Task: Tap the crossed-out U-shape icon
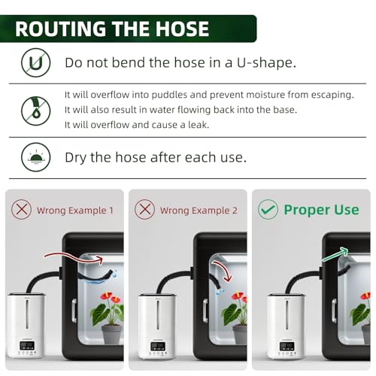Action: (x=36, y=62)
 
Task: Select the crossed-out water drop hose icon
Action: (x=36, y=111)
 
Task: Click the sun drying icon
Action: (x=36, y=157)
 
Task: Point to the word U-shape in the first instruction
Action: (x=266, y=62)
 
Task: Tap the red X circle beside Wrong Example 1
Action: (x=22, y=210)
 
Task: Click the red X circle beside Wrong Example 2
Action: (x=144, y=210)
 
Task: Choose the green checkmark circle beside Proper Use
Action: (x=268, y=210)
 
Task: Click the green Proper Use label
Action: (x=321, y=210)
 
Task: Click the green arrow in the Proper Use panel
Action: (x=335, y=254)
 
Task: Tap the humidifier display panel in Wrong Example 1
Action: (x=28, y=346)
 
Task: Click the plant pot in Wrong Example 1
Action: (x=112, y=334)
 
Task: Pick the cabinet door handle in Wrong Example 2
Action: (x=205, y=311)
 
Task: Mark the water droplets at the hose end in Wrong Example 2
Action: (x=220, y=291)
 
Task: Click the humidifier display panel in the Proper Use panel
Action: (x=287, y=346)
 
